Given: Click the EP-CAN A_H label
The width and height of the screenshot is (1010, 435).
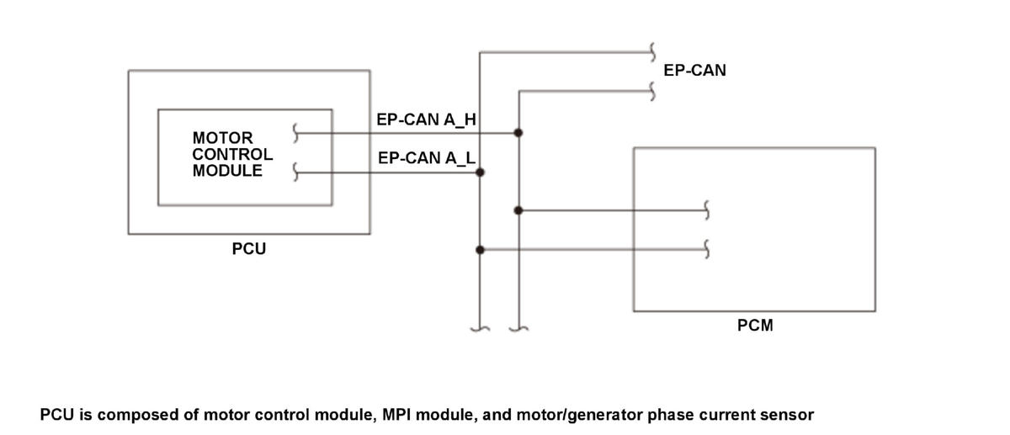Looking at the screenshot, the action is [426, 119].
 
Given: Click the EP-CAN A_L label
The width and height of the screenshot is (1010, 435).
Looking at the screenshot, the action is [427, 158].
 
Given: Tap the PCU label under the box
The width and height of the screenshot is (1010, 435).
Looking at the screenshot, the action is [249, 249].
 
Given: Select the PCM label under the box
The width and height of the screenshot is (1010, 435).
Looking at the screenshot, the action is [755, 326].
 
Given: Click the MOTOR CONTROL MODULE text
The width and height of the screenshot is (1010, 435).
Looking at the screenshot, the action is [232, 154].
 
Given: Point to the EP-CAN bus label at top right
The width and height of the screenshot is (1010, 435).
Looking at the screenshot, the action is [694, 71].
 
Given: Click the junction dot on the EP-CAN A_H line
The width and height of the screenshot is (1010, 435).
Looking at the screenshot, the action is [518, 133].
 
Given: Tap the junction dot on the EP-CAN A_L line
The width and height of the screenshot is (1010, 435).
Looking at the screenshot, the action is [481, 172].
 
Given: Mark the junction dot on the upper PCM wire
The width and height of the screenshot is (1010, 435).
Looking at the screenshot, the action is [518, 210].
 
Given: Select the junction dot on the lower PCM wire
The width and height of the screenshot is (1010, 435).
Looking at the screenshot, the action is [481, 250].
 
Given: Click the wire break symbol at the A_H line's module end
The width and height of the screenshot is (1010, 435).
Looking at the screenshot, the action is [295, 133].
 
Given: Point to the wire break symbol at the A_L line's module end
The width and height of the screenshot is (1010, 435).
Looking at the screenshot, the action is [295, 172].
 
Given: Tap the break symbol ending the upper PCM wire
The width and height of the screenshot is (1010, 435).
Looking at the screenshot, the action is [706, 210].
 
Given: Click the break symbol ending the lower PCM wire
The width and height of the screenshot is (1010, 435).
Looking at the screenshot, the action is [706, 249].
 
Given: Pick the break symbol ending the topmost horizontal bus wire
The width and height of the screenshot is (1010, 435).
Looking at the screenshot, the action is [652, 52].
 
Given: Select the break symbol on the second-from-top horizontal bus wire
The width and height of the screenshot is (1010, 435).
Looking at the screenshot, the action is [652, 92].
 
